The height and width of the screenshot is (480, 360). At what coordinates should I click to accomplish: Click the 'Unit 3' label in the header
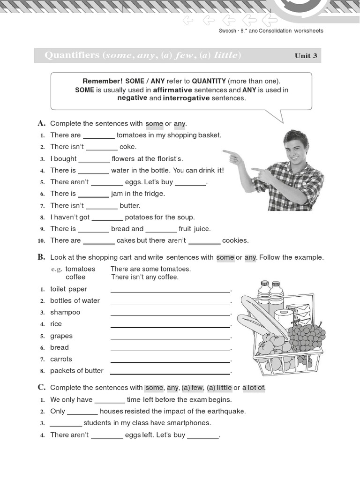pos(306,56)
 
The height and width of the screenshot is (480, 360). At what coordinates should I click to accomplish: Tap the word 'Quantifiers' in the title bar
pos(72,56)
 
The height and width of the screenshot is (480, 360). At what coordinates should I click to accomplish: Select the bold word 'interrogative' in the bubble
pos(186,98)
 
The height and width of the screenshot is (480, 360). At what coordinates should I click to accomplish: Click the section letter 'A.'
pos(41,123)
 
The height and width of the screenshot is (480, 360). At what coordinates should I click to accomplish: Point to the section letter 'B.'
pos(41,257)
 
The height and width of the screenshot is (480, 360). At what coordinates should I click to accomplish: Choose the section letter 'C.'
pos(41,387)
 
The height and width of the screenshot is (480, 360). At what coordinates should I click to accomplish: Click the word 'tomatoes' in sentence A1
pos(132,135)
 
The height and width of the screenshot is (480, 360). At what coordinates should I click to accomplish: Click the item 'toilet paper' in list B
pos(68,289)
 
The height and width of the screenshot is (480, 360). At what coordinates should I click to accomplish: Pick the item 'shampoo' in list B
pos(65,312)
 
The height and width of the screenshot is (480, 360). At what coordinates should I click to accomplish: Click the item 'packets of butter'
pos(76,371)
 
